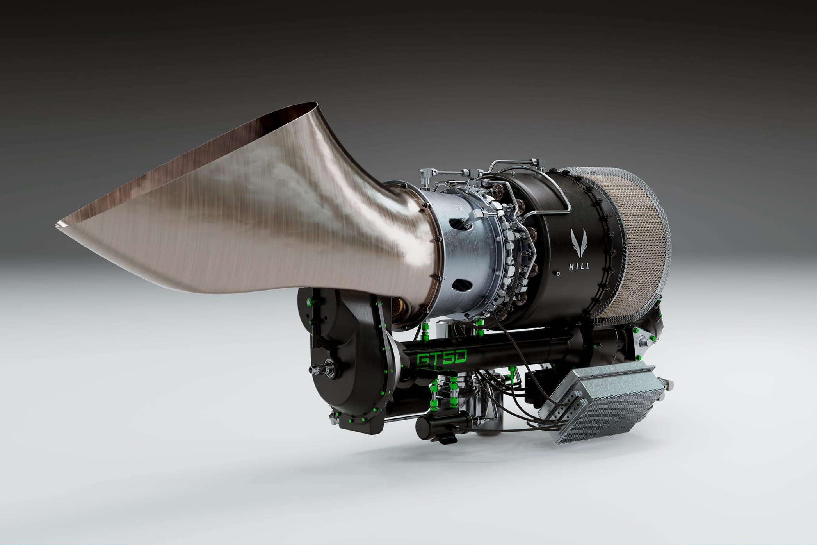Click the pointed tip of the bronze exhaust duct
[x=57, y=224]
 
